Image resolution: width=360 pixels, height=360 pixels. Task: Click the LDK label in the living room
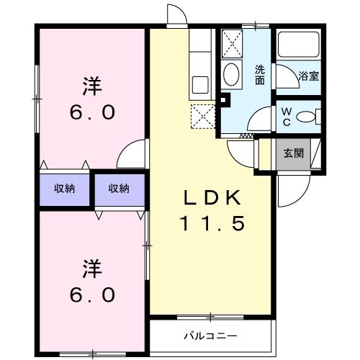(212, 199)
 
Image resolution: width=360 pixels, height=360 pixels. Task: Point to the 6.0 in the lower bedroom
(91, 296)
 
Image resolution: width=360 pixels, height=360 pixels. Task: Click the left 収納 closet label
(66, 189)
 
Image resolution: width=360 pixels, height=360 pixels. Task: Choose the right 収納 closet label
(119, 189)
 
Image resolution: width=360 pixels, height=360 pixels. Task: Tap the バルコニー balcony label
(210, 336)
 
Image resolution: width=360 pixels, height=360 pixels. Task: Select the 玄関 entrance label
(293, 153)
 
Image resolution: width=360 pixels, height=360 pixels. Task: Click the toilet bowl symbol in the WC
(307, 115)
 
